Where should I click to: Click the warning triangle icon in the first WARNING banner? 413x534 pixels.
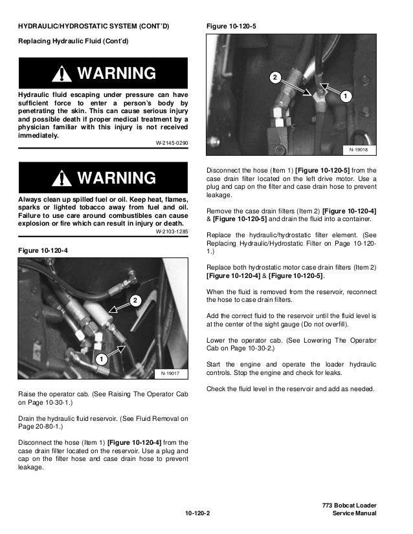[63, 74]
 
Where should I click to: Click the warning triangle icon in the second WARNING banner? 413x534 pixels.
[63, 178]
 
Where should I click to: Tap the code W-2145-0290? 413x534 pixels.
[172, 142]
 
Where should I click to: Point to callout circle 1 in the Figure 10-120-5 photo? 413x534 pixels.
[345, 97]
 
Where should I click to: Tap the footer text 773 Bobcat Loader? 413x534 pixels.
[349, 504]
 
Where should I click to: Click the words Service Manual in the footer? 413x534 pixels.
[353, 514]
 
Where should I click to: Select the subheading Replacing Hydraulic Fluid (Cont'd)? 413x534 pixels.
[72, 41]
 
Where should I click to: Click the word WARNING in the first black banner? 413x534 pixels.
[117, 73]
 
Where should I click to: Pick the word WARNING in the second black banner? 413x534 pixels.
[117, 178]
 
